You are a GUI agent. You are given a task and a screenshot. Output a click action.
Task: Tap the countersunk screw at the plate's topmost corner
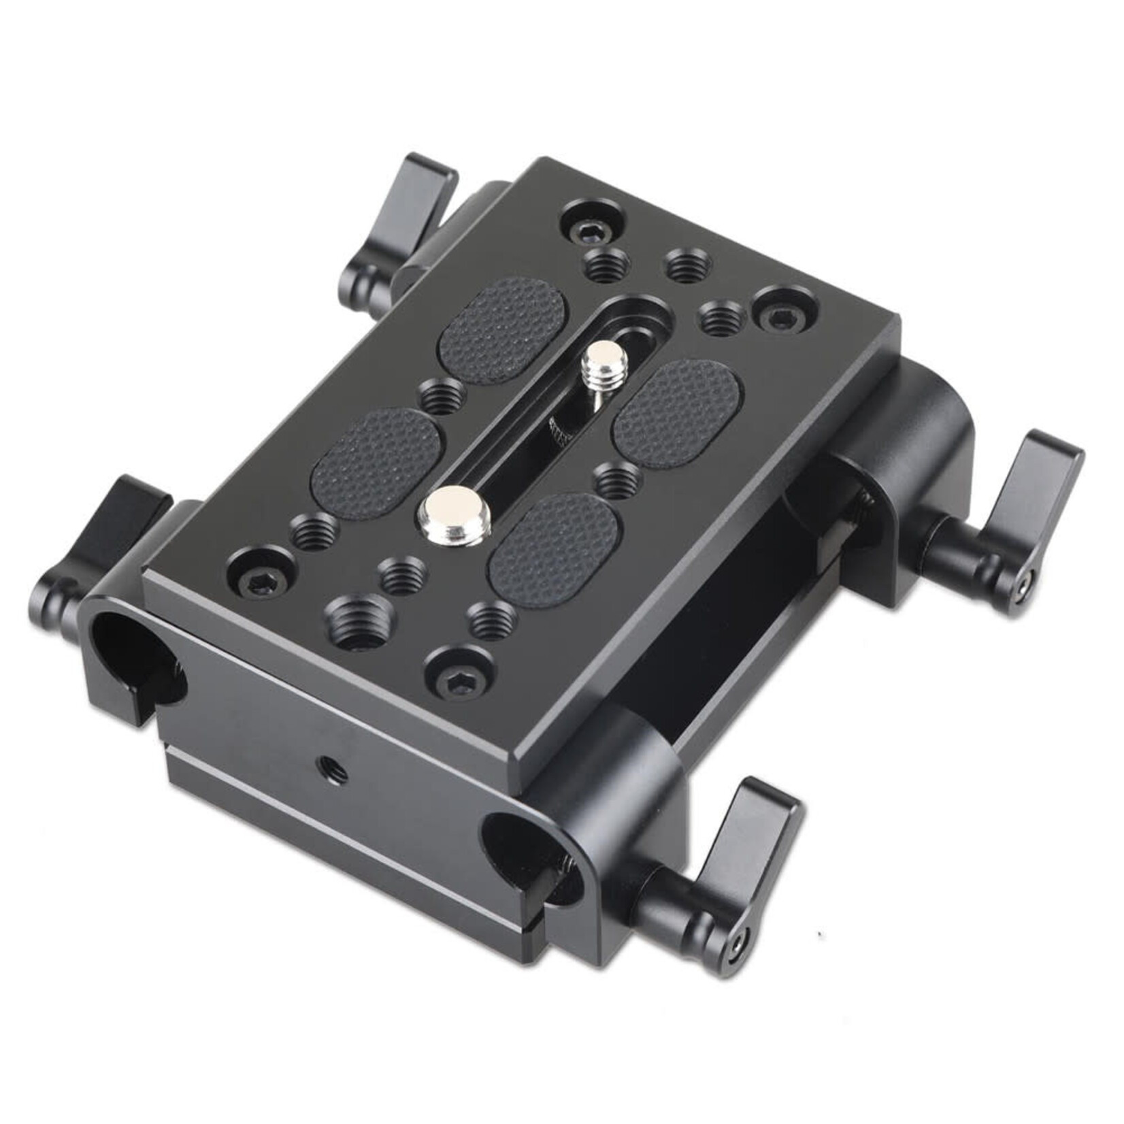pyautogui.click(x=584, y=233)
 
